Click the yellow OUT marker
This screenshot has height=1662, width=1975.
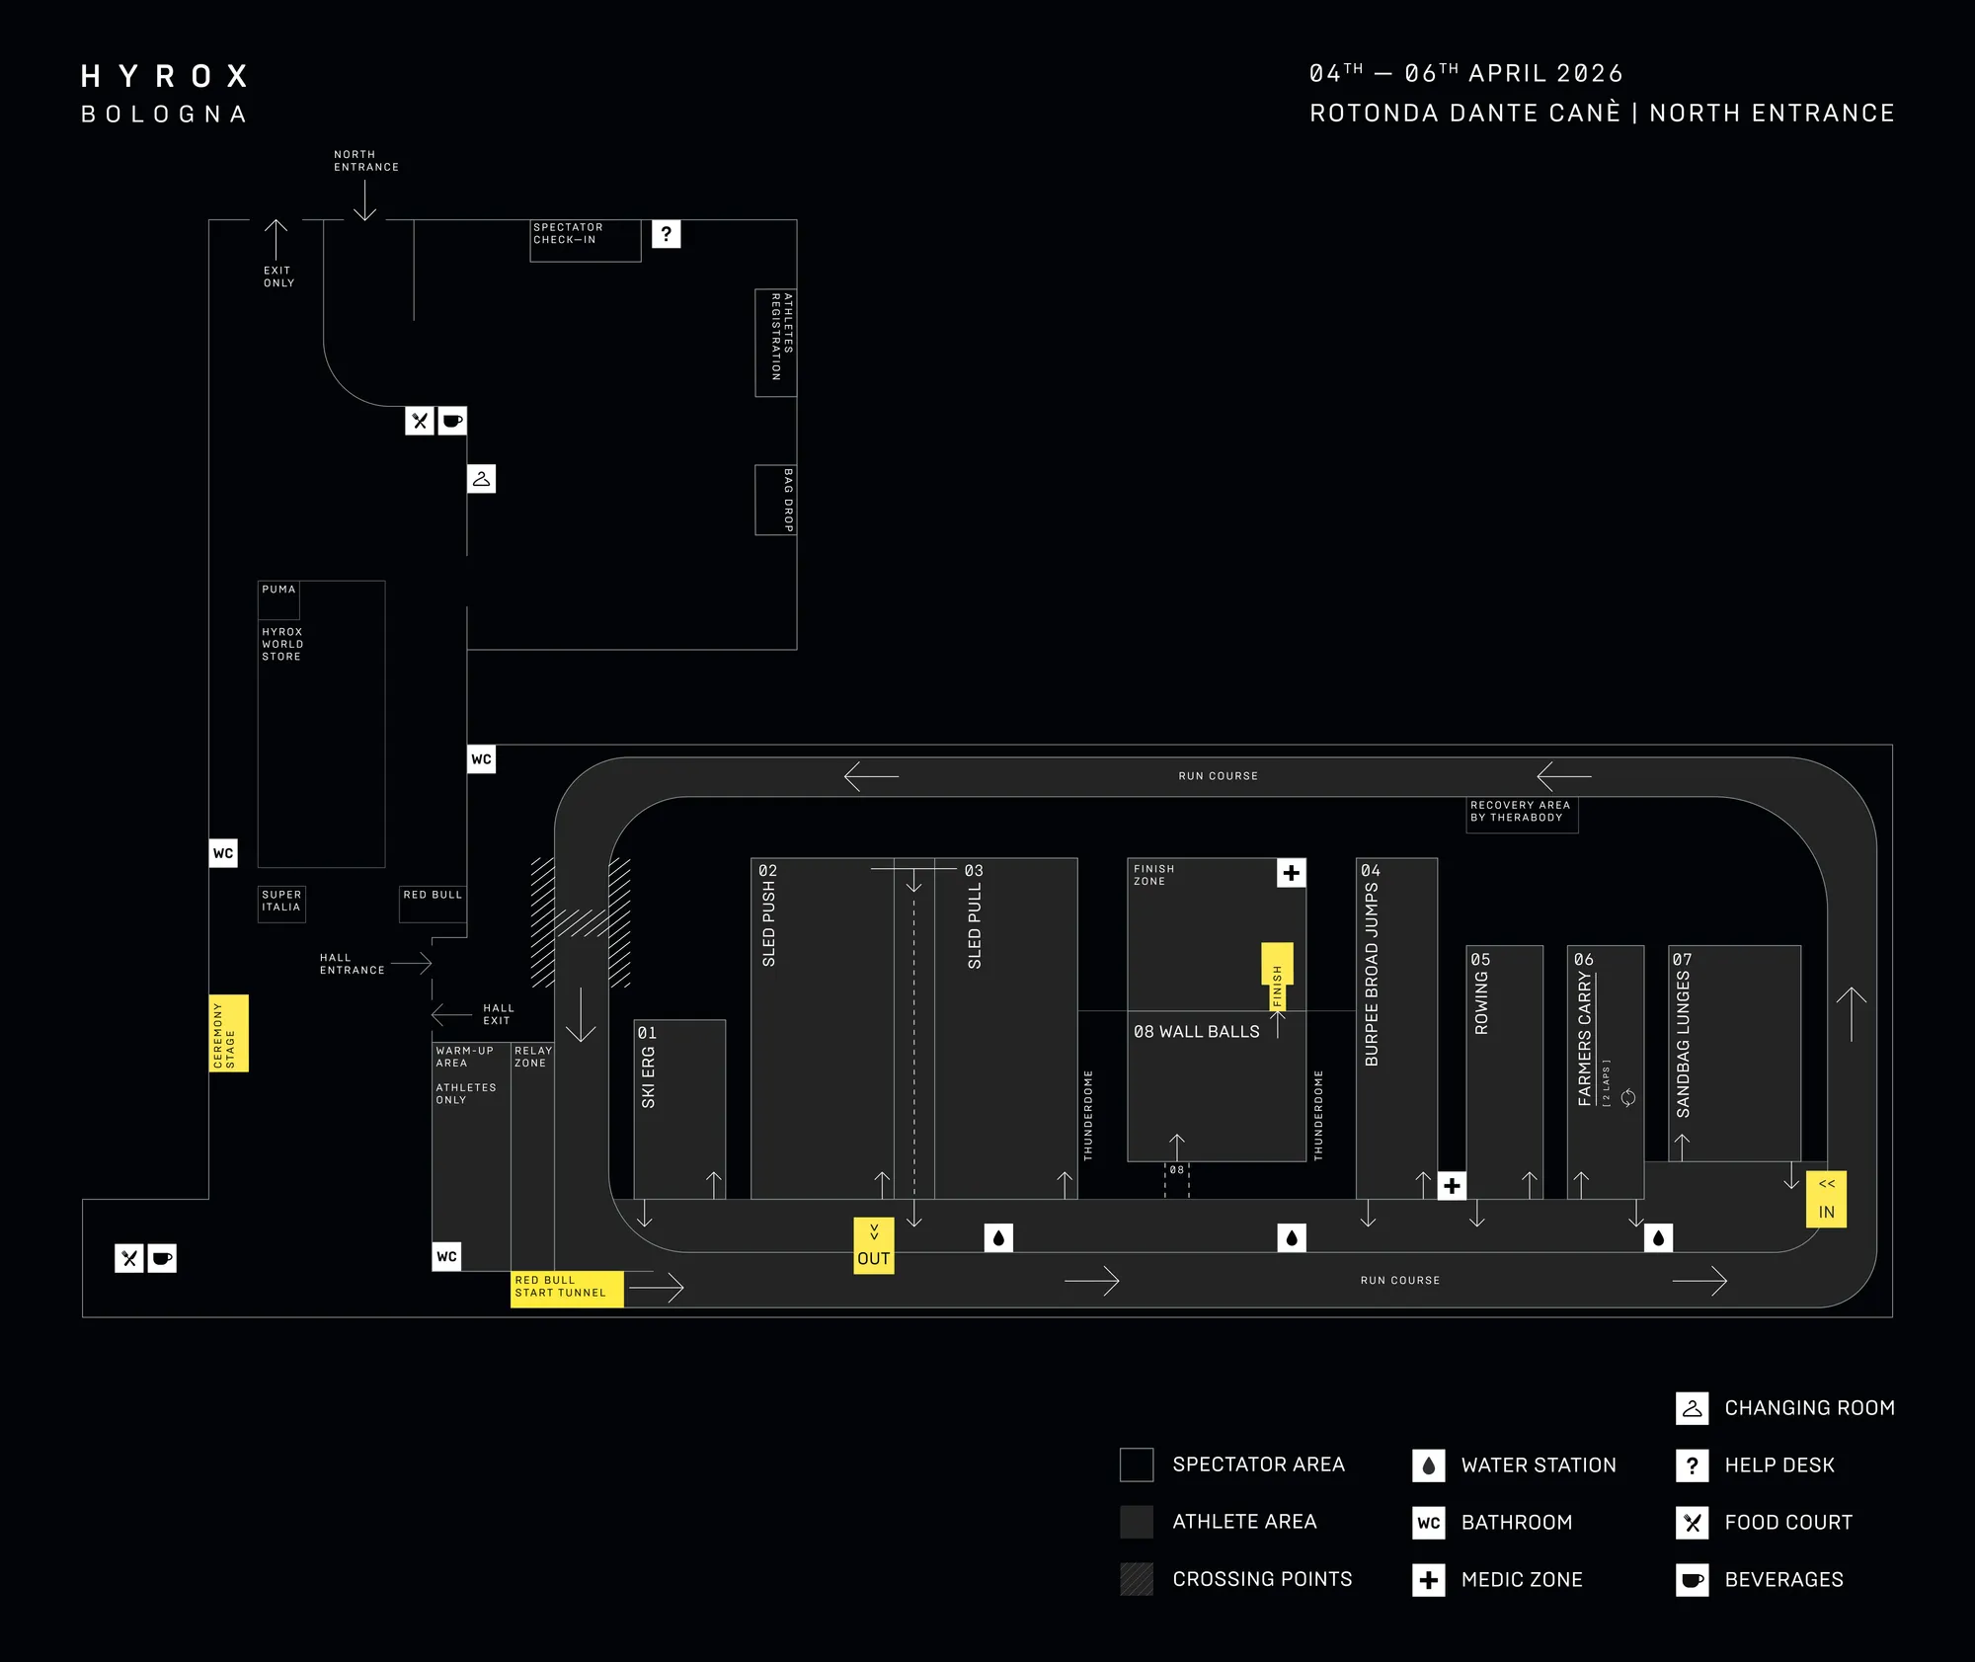pos(874,1246)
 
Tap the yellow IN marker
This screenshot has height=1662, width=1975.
pos(1826,1199)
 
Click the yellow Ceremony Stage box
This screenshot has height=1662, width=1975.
pos(228,1033)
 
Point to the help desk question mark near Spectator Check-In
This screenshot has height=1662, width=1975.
pos(667,234)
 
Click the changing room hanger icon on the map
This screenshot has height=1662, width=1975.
pos(481,479)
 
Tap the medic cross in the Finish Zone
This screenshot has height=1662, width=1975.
pos(1291,873)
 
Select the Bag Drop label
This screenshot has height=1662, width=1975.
pos(787,501)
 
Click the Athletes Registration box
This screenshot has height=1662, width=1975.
pos(776,342)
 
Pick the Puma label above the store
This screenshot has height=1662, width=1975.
pos(278,590)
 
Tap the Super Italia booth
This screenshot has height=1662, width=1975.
pos(281,903)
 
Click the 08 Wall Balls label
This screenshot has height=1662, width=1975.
pos(1196,1032)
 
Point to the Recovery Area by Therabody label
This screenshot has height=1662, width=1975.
pos(1521,813)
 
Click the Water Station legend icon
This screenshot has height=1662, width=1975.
pos(1428,1465)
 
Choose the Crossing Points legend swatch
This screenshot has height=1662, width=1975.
pos(1137,1579)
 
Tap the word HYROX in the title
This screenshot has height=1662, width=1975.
pos(164,76)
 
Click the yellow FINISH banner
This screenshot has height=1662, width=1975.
pos(1277,978)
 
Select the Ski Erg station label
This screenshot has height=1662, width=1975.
pos(648,1077)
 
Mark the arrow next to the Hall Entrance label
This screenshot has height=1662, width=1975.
pos(412,963)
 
